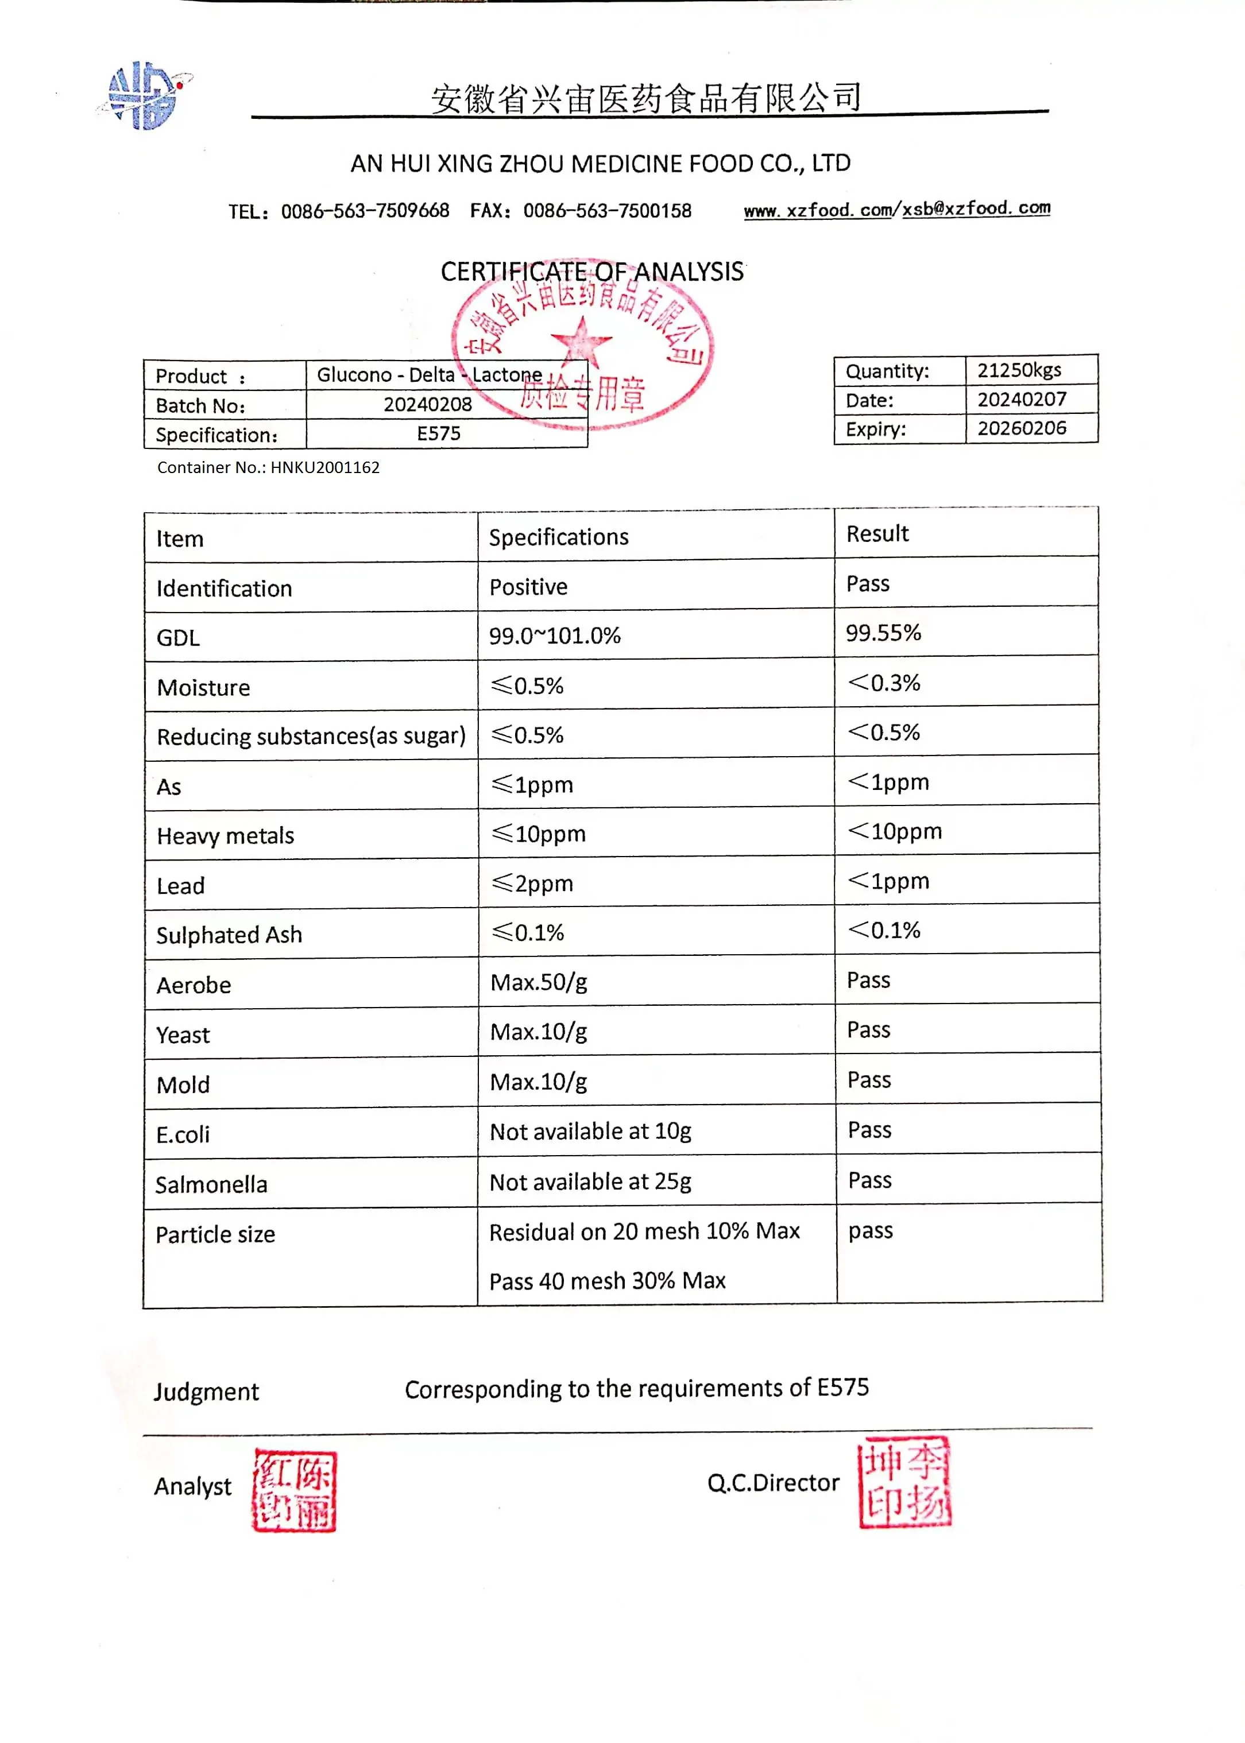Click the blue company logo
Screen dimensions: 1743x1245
145,96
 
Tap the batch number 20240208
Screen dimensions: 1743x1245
427,404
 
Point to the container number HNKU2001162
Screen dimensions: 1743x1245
324,467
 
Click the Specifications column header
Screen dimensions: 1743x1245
558,537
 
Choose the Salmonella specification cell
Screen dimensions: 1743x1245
590,1181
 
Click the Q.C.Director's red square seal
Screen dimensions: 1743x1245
904,1482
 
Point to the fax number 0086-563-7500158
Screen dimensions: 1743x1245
607,211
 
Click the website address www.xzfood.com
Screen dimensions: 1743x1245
817,210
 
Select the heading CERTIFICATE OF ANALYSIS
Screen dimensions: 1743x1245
592,272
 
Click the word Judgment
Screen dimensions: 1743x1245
206,1391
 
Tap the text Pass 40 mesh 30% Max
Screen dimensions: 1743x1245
607,1280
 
